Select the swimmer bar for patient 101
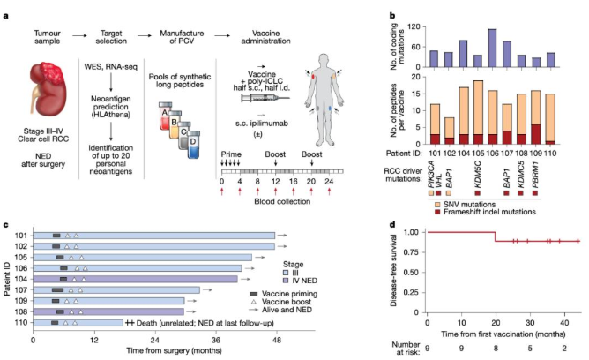(154, 236)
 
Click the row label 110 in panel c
(18, 323)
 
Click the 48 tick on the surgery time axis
(276, 340)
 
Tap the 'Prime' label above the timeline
(231, 153)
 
